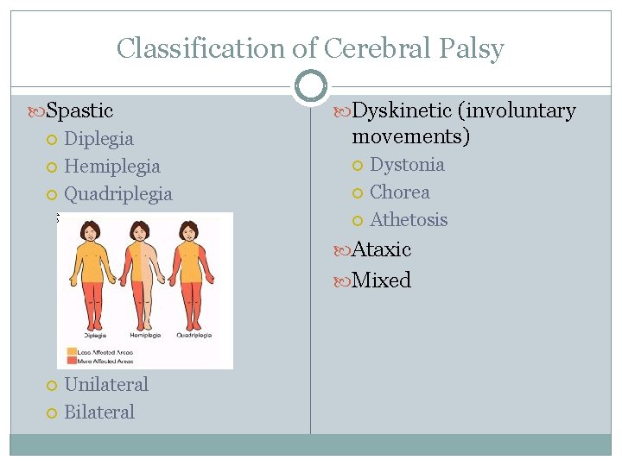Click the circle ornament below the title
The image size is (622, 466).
tap(310, 87)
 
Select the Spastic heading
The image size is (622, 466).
tap(79, 110)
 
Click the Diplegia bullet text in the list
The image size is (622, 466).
tap(98, 138)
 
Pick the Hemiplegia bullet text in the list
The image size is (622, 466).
tap(112, 166)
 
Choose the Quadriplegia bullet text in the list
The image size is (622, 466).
tap(118, 193)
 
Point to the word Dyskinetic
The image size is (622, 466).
tap(403, 110)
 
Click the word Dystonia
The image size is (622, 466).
tap(407, 164)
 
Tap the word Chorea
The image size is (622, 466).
tap(399, 192)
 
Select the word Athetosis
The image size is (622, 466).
tap(409, 219)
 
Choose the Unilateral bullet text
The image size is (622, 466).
tap(106, 384)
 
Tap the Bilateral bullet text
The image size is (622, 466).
tap(99, 412)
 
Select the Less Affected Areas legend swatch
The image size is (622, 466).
tap(73, 352)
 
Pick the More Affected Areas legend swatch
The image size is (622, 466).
tap(73, 362)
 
